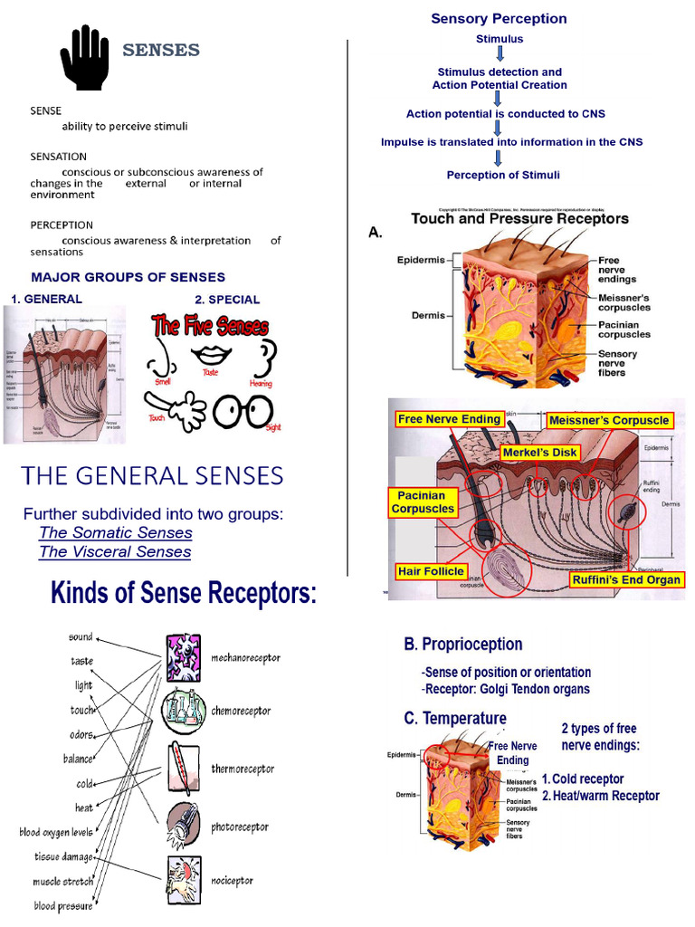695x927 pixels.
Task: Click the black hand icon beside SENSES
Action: [84, 57]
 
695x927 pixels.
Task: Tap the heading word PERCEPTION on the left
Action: [62, 225]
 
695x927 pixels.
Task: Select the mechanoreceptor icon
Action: [184, 656]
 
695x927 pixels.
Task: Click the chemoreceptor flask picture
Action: [184, 711]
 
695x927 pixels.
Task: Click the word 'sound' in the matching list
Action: [81, 637]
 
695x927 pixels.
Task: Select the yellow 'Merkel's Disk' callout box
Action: [540, 451]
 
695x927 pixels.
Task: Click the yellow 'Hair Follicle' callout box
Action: [431, 571]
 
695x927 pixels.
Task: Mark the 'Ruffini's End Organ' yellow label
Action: [625, 579]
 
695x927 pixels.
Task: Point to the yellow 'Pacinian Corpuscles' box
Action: [422, 502]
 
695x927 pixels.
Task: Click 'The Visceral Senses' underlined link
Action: [115, 551]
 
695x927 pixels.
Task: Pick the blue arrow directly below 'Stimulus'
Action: [500, 54]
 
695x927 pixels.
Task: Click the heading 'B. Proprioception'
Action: [462, 645]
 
